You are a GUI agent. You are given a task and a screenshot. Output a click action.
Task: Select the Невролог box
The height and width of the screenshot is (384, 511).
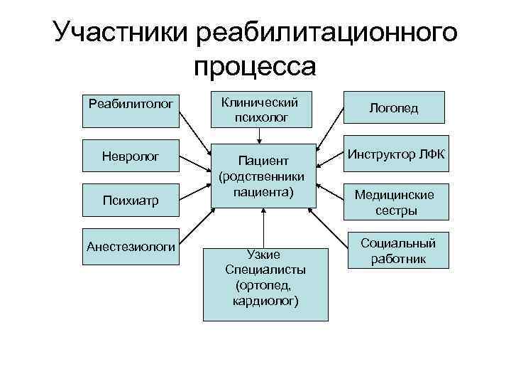click(131, 155)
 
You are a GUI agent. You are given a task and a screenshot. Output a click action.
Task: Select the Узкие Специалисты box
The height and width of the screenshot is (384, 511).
click(265, 284)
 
